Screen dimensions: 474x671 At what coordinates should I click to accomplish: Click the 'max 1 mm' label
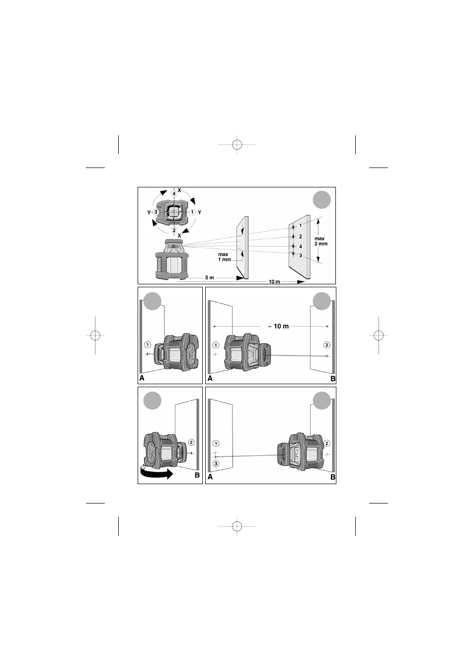[225, 256]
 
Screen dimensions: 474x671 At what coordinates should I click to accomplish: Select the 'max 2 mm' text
[320, 241]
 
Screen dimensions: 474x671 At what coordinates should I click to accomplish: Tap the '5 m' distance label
[210, 278]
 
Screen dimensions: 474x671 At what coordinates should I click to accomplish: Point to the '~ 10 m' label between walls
[278, 326]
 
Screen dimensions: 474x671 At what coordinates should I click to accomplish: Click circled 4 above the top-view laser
[174, 193]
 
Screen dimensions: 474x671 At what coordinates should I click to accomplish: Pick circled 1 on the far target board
[301, 225]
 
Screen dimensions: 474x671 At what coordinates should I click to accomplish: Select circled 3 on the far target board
[301, 255]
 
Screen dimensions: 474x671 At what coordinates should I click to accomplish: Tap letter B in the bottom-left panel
[197, 475]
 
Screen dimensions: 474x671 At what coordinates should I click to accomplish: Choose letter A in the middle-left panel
[142, 378]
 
